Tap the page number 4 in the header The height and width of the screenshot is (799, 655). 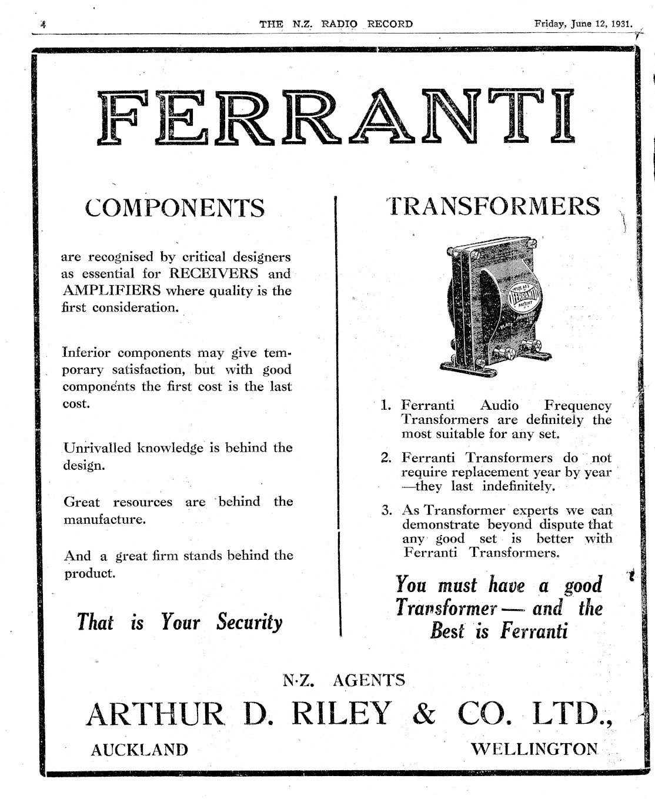[43, 25]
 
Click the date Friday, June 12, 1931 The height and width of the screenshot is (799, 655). [583, 24]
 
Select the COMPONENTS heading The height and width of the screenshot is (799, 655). [175, 208]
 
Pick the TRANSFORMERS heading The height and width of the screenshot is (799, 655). [494, 206]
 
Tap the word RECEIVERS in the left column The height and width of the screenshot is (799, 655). [214, 273]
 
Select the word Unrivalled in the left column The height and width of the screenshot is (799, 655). [97, 448]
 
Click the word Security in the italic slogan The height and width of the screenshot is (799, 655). [249, 622]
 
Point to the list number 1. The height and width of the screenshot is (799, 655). [386, 405]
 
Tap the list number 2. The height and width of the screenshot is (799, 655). [386, 458]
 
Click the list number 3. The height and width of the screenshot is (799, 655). [386, 510]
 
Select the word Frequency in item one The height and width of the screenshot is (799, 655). [577, 405]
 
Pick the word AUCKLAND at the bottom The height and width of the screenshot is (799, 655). [139, 750]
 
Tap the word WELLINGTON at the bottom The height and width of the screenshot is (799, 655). [534, 749]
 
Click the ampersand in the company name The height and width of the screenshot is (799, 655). [424, 714]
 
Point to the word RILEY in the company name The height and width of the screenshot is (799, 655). [341, 714]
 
